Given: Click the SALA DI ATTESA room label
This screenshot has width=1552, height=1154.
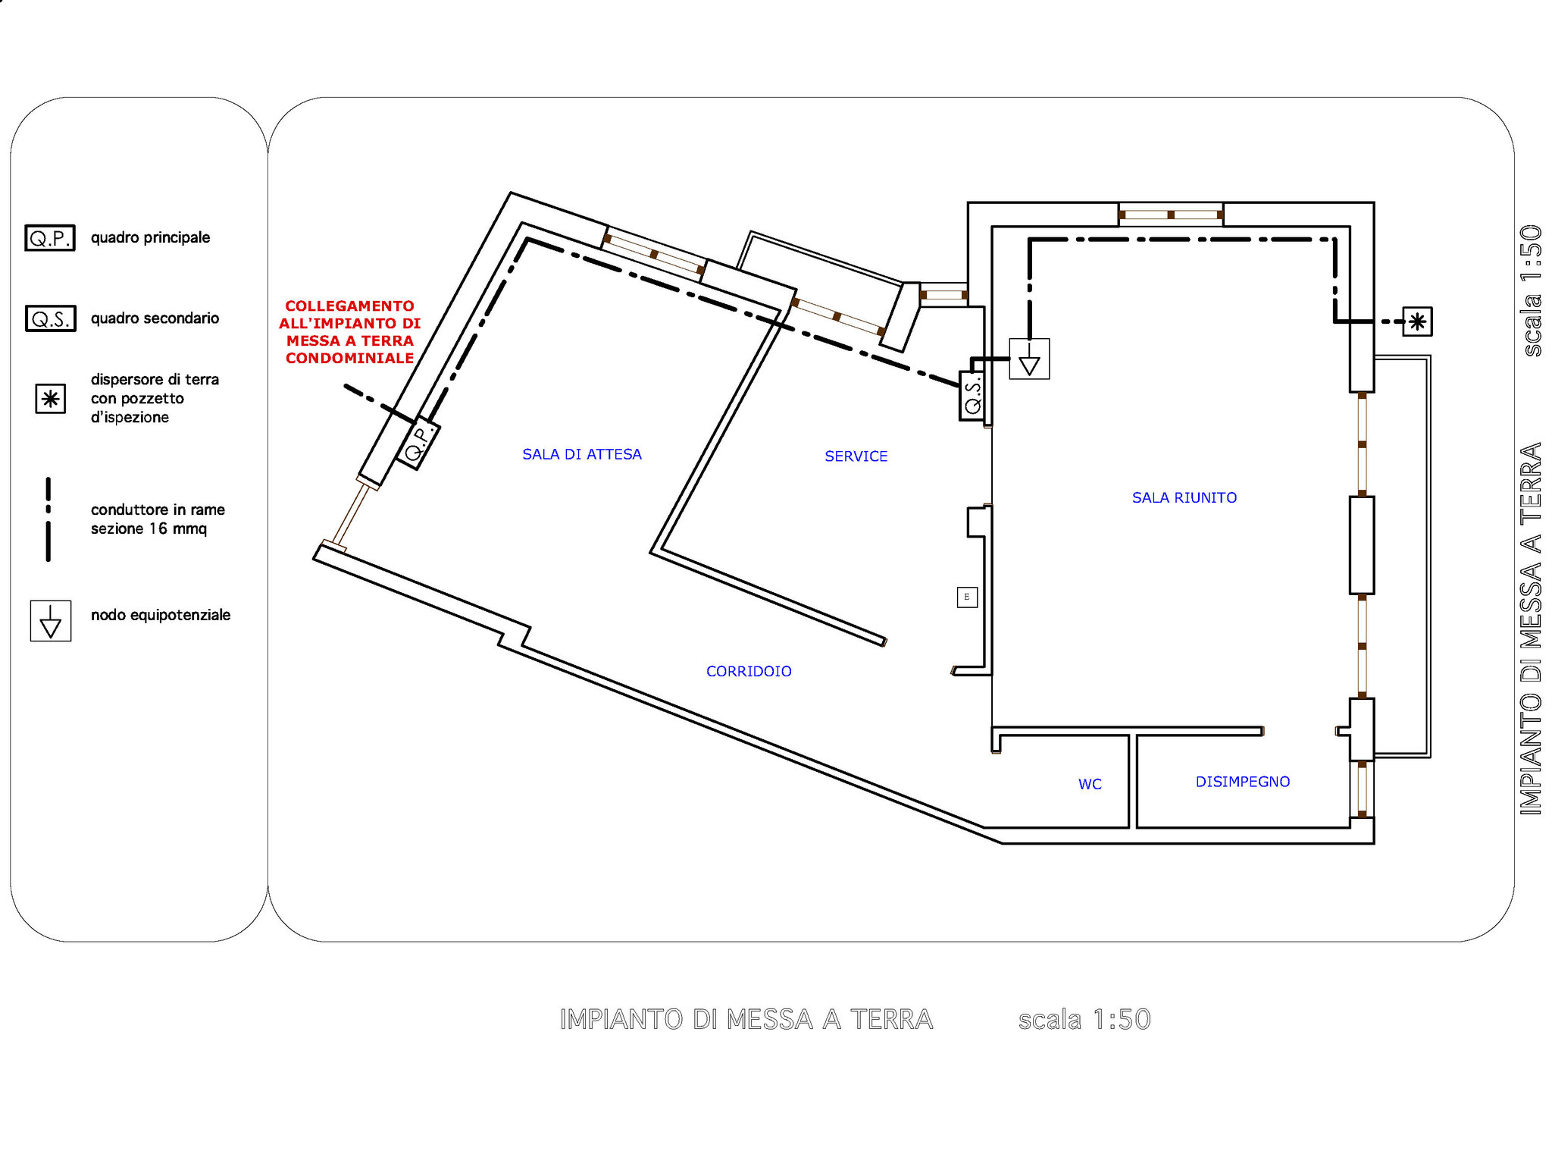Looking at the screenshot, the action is point(582,454).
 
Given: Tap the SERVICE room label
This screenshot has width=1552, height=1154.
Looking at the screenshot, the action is point(856,456).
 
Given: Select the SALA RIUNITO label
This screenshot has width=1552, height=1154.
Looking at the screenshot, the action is point(1184,497).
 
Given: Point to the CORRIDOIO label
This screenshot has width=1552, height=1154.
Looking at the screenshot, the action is point(749,671).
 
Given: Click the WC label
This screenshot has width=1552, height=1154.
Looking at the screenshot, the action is point(1090,784).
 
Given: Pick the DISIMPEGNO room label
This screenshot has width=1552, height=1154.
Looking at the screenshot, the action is point(1243,782).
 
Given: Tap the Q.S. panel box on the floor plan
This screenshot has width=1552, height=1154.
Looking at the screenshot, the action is point(973,396).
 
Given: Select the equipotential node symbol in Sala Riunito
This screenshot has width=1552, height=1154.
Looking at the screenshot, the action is point(1029,359).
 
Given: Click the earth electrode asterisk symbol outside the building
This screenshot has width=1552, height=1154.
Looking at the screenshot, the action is point(1417,321).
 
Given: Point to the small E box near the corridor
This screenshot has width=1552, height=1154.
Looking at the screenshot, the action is point(967,597).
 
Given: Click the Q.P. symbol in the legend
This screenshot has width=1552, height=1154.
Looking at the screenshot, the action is point(50,238).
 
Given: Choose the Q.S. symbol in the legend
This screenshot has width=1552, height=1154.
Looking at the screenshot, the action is point(50,318).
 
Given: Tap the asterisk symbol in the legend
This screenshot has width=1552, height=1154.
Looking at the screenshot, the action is point(51,399).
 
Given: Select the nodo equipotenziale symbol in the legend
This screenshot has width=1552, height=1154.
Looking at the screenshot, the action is point(51,621).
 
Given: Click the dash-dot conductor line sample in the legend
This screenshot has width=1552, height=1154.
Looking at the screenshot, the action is point(48,519).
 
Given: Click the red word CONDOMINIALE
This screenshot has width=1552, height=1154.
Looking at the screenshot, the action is point(349,358).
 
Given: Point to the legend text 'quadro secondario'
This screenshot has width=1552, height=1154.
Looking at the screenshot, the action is point(155,318).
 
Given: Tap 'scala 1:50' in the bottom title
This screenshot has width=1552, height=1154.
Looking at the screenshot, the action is point(1084,1020).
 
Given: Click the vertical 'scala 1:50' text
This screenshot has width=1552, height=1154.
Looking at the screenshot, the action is point(1531,290).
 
